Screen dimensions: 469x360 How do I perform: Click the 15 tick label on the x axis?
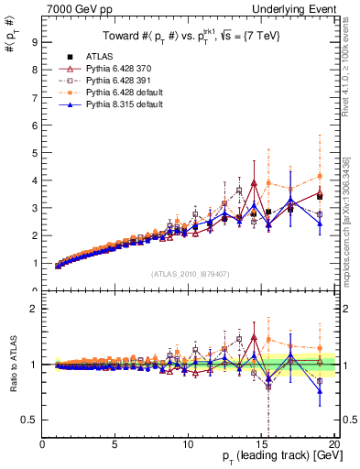coord(260,444)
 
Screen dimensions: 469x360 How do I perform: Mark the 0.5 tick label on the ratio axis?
coord(30,420)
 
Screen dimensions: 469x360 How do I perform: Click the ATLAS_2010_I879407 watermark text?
coord(189,274)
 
